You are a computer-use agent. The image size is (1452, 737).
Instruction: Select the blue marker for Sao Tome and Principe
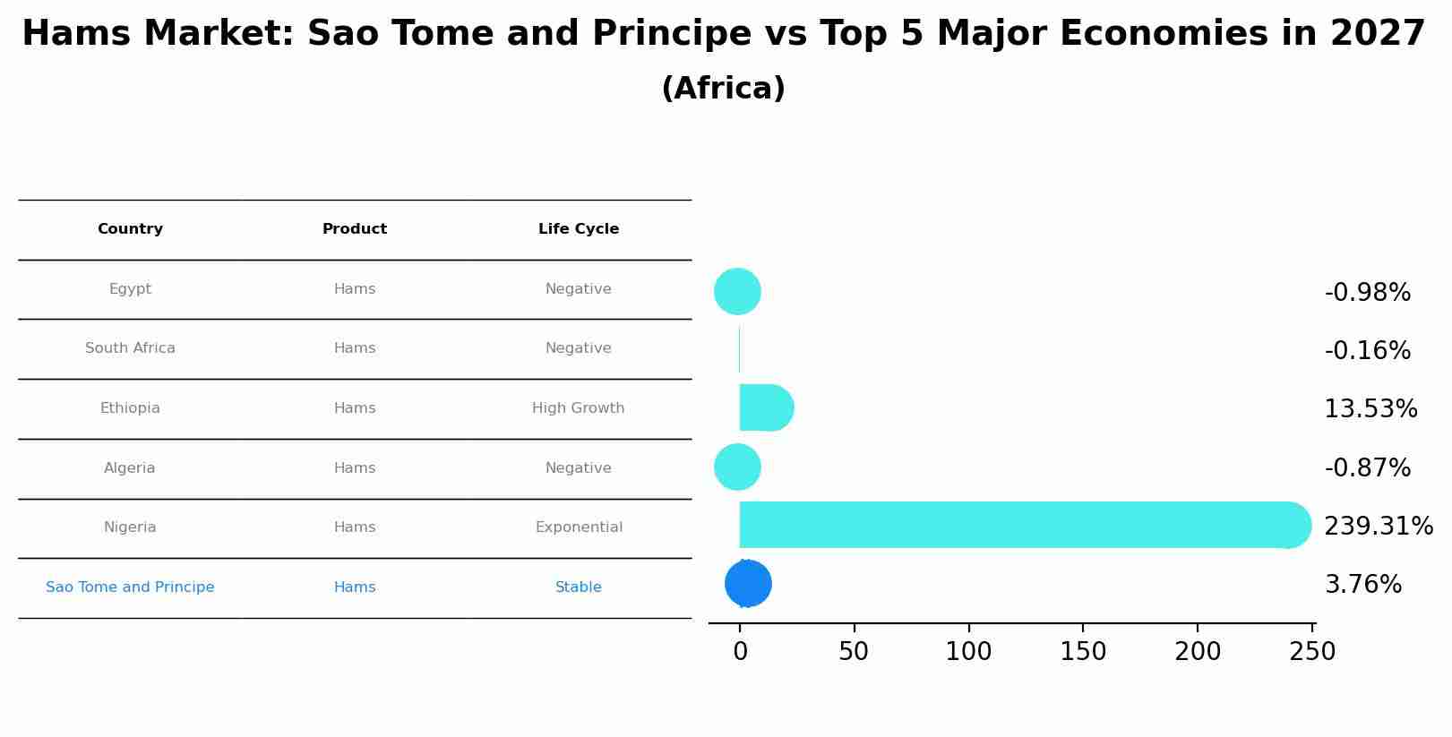coord(748,584)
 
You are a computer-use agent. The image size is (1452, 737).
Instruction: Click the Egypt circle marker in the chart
coord(737,291)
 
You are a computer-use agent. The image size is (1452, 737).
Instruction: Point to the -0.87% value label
coord(1367,468)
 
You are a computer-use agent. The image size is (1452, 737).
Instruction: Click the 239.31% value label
coord(1378,527)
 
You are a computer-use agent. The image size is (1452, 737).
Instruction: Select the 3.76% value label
coord(1362,585)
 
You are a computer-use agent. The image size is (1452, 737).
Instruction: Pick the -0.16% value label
coord(1367,351)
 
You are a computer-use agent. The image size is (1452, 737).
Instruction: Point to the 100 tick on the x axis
coord(968,652)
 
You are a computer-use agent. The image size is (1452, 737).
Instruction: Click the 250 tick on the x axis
coord(1312,652)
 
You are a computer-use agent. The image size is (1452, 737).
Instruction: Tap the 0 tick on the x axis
coord(740,652)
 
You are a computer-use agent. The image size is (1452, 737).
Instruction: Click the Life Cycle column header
coord(579,229)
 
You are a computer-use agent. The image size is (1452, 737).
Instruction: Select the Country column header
coord(130,229)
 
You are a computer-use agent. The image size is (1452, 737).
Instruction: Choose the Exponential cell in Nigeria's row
coord(579,527)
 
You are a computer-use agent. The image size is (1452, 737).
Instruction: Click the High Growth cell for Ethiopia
coord(579,408)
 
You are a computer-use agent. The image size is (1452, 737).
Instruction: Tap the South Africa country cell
coord(130,348)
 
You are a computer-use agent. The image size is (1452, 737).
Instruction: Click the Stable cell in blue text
coord(579,587)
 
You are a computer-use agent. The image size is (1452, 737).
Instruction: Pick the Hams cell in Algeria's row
coord(355,468)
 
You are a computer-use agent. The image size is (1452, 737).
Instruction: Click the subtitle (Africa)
coord(723,89)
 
